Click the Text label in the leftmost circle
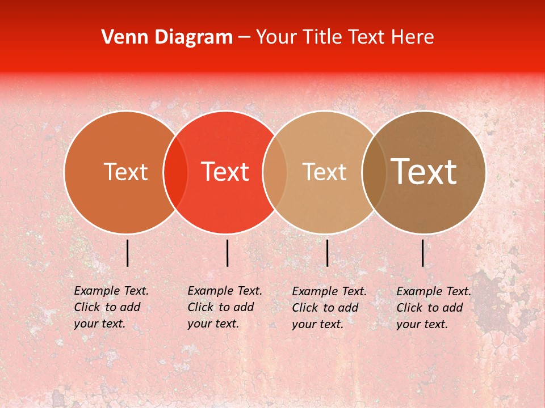(125, 172)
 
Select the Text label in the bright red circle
(225, 172)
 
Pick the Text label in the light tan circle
(324, 172)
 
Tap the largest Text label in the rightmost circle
(424, 171)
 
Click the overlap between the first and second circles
(175, 172)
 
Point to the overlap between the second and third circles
(275, 172)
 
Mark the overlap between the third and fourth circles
(374, 172)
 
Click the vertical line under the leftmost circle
(128, 253)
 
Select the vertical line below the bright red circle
(227, 253)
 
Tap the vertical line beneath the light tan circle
(327, 253)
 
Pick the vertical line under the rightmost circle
(423, 253)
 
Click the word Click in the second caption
(201, 307)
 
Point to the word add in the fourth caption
(452, 308)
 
